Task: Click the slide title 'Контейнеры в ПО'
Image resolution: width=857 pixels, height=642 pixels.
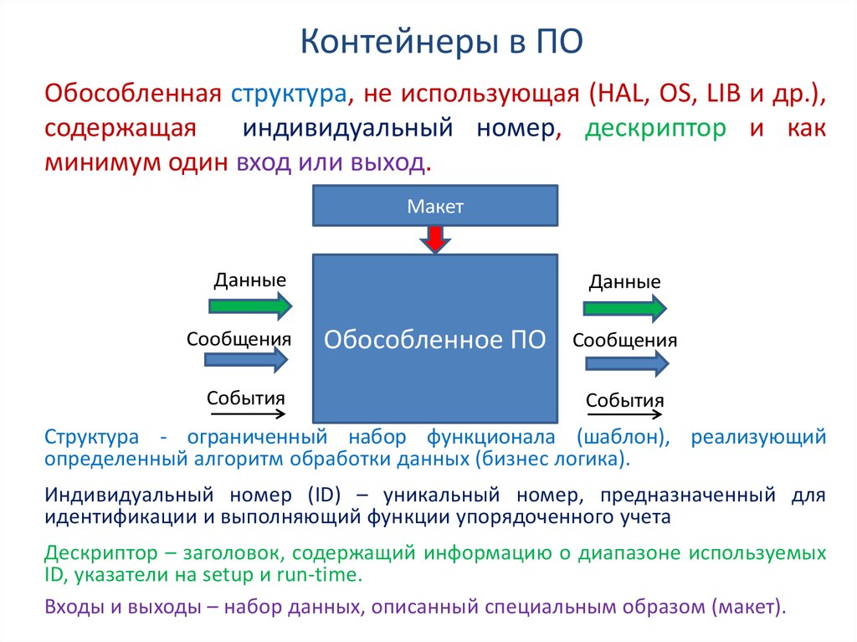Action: pyautogui.click(x=442, y=42)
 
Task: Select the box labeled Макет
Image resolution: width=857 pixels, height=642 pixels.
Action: pyautogui.click(x=435, y=206)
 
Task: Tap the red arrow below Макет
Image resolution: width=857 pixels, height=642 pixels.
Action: pyautogui.click(x=435, y=239)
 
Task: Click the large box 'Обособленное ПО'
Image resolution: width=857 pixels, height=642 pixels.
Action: pyautogui.click(x=435, y=338)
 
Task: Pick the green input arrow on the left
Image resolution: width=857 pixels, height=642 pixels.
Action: pyautogui.click(x=250, y=306)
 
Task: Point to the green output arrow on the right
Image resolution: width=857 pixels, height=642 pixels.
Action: pyautogui.click(x=624, y=308)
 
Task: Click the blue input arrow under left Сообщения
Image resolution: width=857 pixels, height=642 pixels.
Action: pyautogui.click(x=246, y=359)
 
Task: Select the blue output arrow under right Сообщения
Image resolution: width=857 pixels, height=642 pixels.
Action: pyautogui.click(x=627, y=363)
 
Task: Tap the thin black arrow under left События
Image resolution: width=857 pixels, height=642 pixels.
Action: pyautogui.click(x=246, y=414)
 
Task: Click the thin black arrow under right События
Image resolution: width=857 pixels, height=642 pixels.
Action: pyautogui.click(x=624, y=414)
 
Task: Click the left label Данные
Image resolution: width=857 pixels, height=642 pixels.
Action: pyautogui.click(x=249, y=280)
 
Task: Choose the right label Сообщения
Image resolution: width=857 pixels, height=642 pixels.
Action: pyautogui.click(x=624, y=340)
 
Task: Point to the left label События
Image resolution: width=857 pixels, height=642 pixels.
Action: pyautogui.click(x=246, y=398)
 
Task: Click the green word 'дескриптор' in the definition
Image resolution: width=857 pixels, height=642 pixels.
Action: pyautogui.click(x=655, y=129)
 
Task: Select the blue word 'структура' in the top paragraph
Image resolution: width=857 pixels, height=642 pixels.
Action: pyautogui.click(x=289, y=94)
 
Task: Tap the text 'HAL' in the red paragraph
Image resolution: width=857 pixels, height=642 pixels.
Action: pyautogui.click(x=620, y=93)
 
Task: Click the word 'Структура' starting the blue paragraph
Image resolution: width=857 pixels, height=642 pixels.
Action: pyautogui.click(x=92, y=436)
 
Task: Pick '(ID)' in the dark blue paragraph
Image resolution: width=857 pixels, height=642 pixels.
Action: pyautogui.click(x=325, y=495)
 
